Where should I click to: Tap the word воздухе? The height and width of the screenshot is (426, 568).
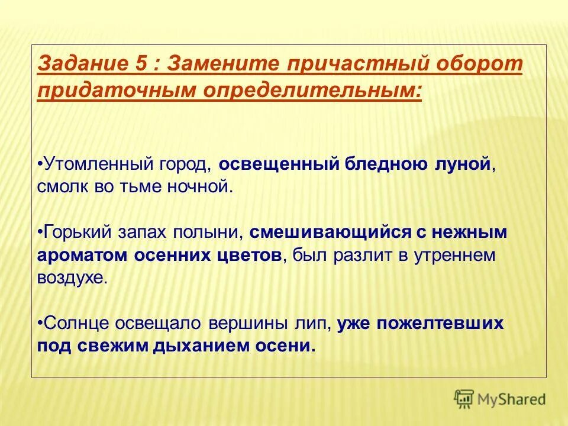72,278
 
